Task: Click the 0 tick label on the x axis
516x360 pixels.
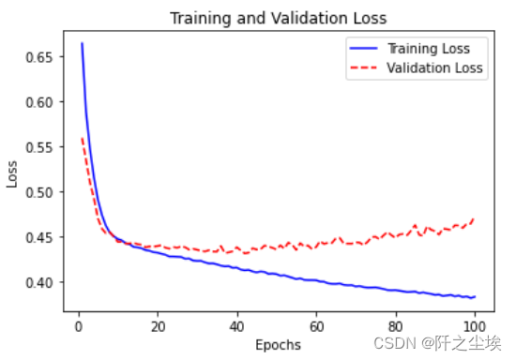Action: click(78, 325)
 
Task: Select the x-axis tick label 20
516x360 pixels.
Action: click(158, 325)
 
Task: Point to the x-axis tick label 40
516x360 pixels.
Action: click(237, 325)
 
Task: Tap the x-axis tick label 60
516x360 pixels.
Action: click(316, 325)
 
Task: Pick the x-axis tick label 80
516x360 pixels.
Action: click(396, 325)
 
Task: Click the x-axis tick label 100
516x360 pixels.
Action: click(476, 325)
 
